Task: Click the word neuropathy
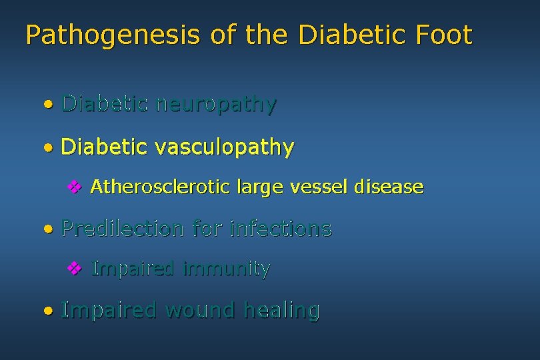pyautogui.click(x=215, y=105)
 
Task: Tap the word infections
pyautogui.click(x=280, y=229)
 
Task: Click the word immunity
pyautogui.click(x=226, y=269)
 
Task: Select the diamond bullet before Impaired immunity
pyautogui.click(x=75, y=269)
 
